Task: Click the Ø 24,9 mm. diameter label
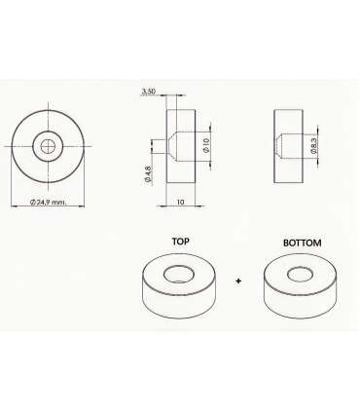tap(48, 202)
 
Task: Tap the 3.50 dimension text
tap(149, 91)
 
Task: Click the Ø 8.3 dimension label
tap(313, 146)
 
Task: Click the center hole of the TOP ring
tap(181, 273)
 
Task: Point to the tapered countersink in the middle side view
tap(171, 146)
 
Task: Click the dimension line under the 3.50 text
tap(161, 96)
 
